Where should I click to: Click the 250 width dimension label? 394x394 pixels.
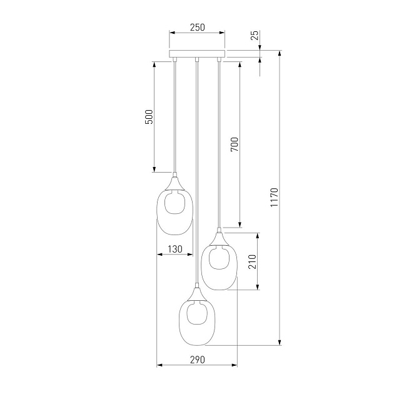pyautogui.click(x=198, y=28)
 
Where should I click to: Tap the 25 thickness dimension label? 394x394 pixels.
pyautogui.click(x=254, y=36)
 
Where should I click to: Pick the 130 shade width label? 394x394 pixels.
pyautogui.click(x=175, y=250)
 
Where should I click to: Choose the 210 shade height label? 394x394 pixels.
pyautogui.click(x=252, y=261)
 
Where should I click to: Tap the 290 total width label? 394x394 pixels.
pyautogui.click(x=197, y=360)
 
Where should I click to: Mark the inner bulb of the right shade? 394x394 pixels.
pyautogui.click(x=219, y=259)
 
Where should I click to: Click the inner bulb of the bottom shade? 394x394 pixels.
pyautogui.click(x=197, y=314)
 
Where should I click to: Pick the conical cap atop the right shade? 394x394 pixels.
pyautogui.click(x=218, y=238)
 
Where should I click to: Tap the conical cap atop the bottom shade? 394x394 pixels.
pyautogui.click(x=197, y=292)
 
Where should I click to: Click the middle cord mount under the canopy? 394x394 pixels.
pyautogui.click(x=197, y=60)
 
